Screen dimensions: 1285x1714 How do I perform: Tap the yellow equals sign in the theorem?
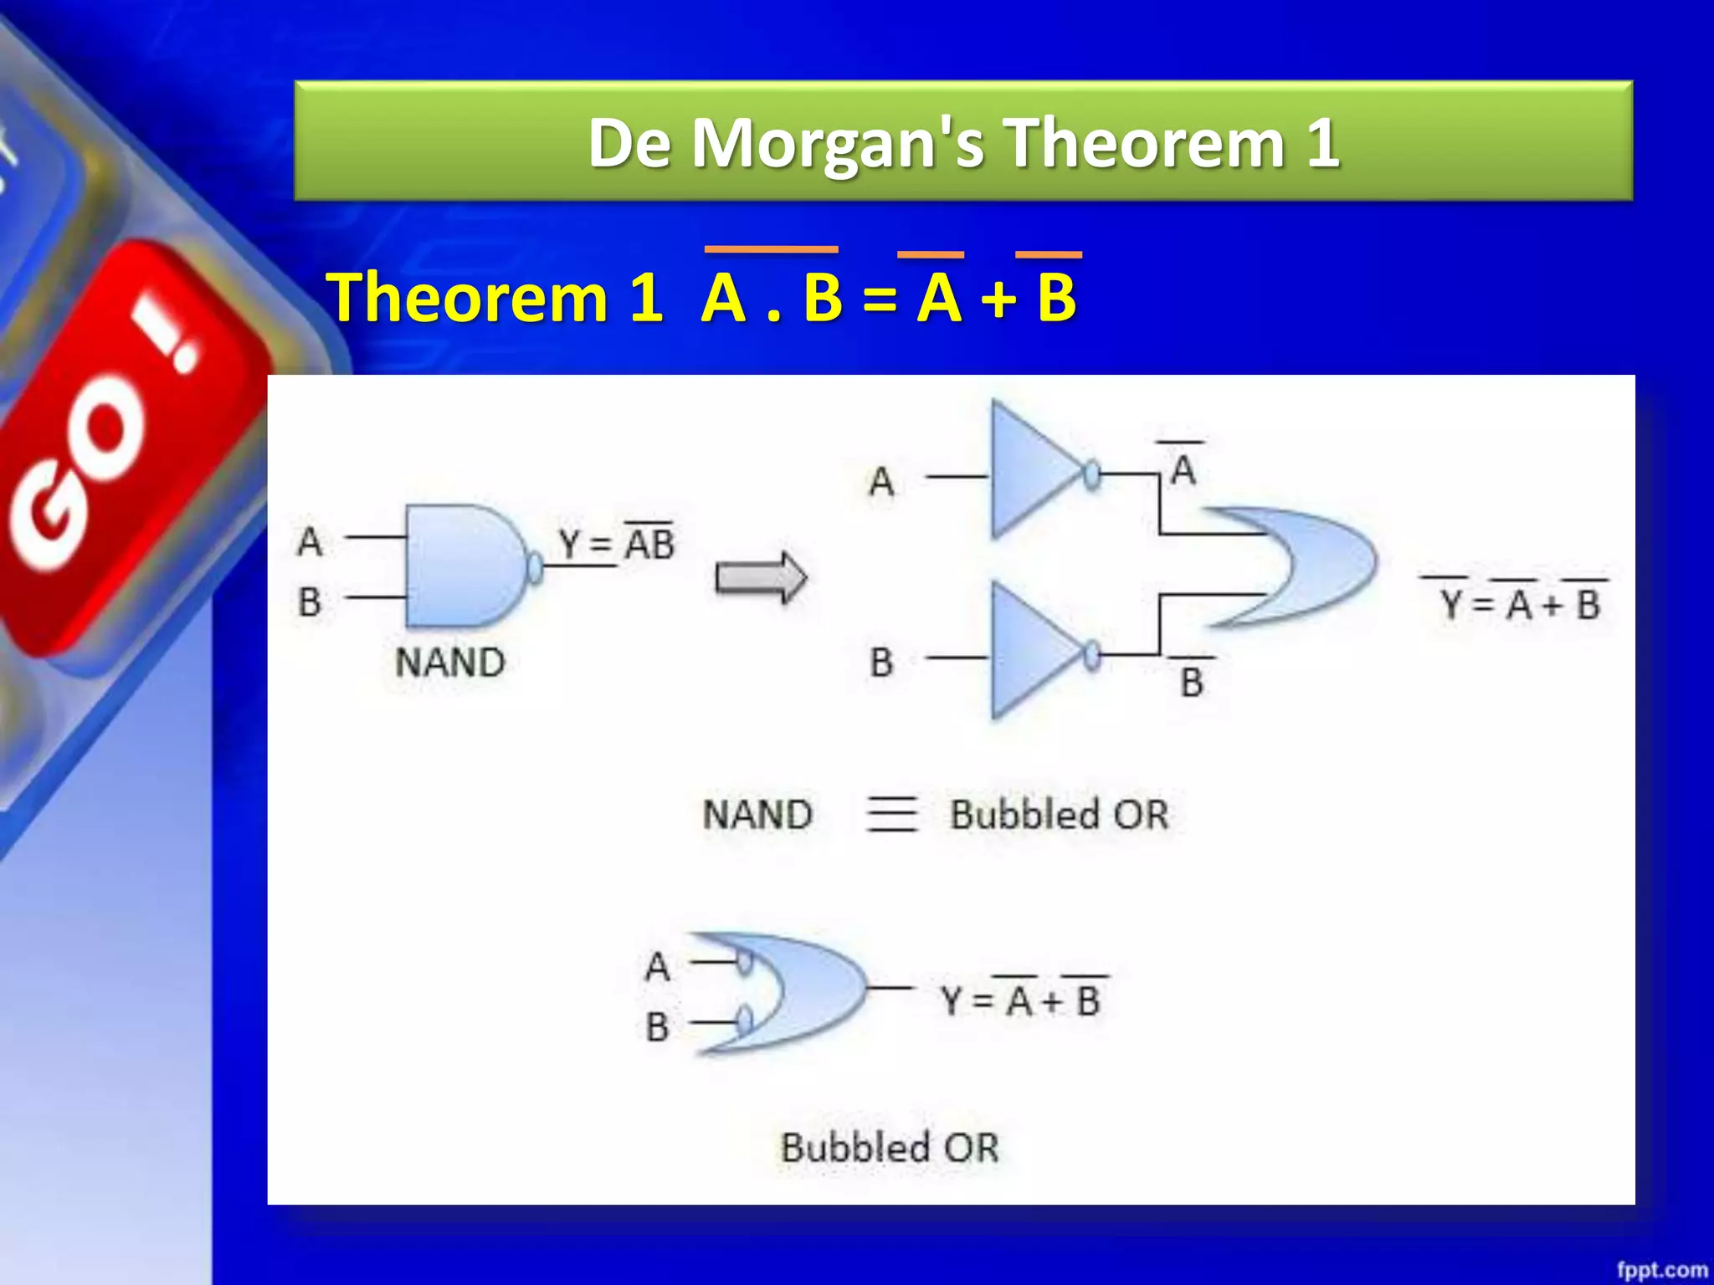point(879,299)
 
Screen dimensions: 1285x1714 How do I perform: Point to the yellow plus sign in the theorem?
point(998,299)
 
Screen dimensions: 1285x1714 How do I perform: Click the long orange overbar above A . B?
point(771,249)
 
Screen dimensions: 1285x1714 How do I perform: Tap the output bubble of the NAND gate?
point(535,568)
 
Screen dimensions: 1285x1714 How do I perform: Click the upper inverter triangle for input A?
point(1029,471)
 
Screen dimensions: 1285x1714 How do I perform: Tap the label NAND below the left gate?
point(450,663)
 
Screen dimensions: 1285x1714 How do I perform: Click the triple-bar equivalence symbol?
point(891,814)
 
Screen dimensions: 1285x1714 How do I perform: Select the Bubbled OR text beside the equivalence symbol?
point(1059,814)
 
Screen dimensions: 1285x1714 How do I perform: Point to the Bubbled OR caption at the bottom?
point(890,1147)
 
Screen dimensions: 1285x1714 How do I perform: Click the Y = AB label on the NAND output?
point(617,544)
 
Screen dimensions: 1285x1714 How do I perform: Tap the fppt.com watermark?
point(1661,1270)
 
